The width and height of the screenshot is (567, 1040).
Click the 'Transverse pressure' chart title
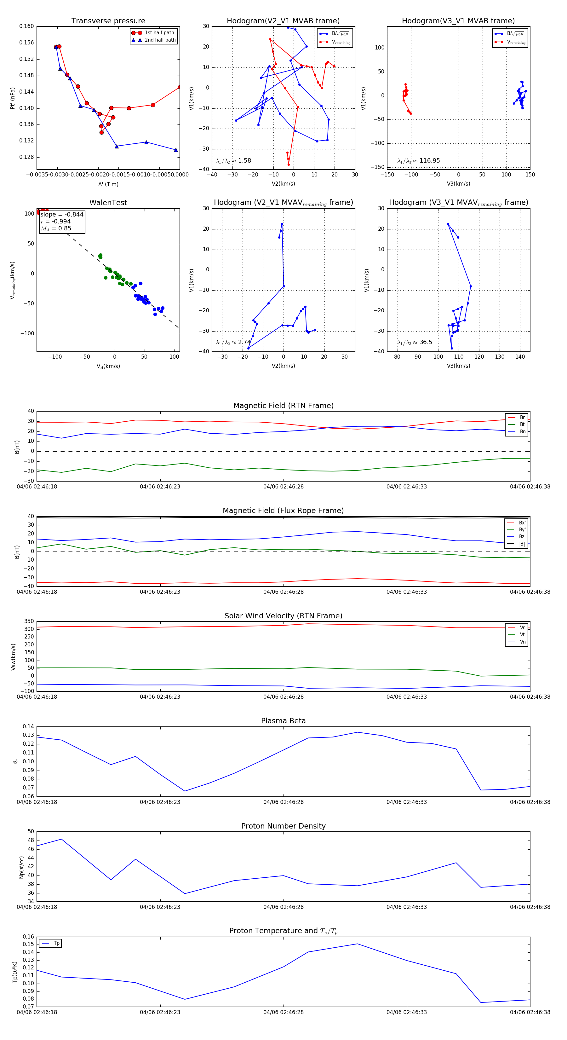click(x=108, y=21)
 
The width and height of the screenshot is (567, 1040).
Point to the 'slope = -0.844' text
click(x=62, y=214)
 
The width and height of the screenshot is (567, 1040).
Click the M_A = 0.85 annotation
click(x=56, y=228)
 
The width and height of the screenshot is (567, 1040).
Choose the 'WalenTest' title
click(x=108, y=203)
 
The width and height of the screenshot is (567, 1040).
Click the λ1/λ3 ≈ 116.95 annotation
click(x=419, y=161)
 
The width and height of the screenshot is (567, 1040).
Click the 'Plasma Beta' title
click(x=283, y=721)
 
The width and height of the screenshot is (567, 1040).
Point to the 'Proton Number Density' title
click(x=283, y=826)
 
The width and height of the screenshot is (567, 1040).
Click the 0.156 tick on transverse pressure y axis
click(x=27, y=43)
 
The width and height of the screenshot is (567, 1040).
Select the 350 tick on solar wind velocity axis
click(x=29, y=621)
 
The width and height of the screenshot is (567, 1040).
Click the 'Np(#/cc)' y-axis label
click(x=22, y=867)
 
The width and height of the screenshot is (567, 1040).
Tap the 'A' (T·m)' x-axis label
click(x=108, y=184)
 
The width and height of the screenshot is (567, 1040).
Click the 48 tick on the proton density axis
click(x=31, y=840)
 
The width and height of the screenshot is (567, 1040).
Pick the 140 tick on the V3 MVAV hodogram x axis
click(x=520, y=357)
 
